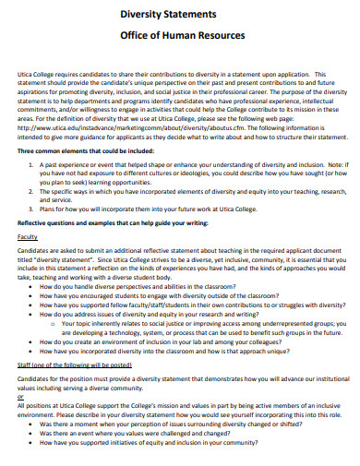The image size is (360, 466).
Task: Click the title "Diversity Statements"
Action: (182, 15)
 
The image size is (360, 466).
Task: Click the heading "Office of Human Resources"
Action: (182, 36)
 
